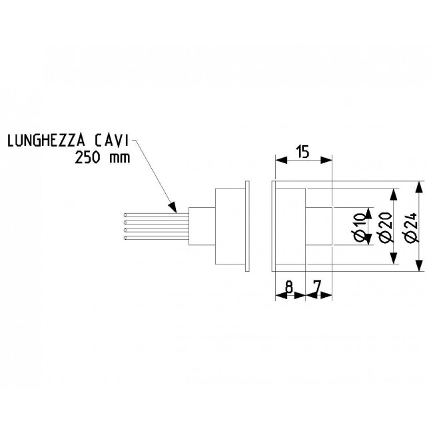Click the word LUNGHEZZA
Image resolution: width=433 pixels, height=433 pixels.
(x=46, y=141)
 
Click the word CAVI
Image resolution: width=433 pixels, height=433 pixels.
(x=111, y=141)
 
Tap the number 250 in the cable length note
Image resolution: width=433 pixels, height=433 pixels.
(x=87, y=159)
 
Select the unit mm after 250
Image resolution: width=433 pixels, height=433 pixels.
(x=119, y=159)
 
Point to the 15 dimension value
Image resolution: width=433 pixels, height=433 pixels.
(x=302, y=152)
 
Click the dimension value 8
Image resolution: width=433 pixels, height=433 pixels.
(x=289, y=288)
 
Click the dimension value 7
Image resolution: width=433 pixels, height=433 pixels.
(x=318, y=288)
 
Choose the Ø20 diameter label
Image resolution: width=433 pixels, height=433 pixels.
(x=386, y=227)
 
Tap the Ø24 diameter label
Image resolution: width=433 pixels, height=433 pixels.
(x=412, y=227)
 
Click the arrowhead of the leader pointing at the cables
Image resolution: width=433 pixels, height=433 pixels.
(x=173, y=207)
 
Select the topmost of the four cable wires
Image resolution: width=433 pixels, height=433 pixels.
(x=157, y=215)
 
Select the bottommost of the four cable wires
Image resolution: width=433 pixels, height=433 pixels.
(x=157, y=238)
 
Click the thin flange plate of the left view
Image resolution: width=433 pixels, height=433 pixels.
(x=247, y=226)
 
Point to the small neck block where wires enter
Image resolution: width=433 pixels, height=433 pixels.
(x=202, y=226)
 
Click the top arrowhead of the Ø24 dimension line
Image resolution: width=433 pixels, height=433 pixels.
(x=420, y=187)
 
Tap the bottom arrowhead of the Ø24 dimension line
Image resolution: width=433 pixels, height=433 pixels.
(x=420, y=265)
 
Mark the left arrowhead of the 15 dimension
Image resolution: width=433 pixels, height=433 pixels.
(x=281, y=160)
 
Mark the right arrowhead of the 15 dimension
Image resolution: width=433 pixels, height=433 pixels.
(x=326, y=160)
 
